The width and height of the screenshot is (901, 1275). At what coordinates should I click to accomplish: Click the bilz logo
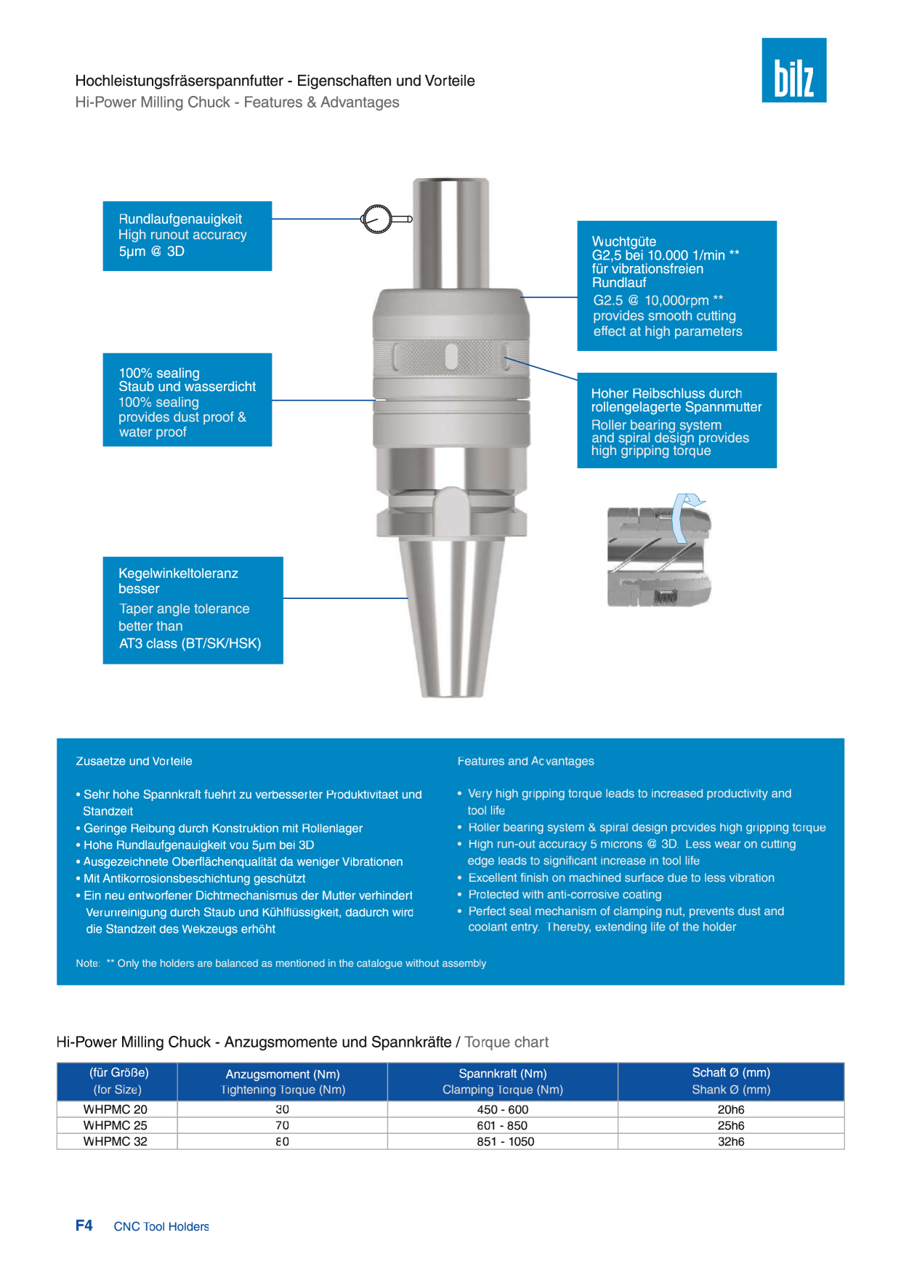(x=793, y=70)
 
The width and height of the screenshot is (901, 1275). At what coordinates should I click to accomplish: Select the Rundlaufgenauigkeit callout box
(x=187, y=236)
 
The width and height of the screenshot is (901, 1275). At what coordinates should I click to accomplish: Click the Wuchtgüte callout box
(x=676, y=286)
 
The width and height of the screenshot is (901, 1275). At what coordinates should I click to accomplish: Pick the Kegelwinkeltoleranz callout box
(x=193, y=610)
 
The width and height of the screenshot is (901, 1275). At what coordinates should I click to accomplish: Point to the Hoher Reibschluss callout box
(x=676, y=420)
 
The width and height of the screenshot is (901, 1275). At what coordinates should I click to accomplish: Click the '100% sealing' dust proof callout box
(x=187, y=400)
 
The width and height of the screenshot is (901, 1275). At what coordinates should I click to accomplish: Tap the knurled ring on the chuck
(x=451, y=357)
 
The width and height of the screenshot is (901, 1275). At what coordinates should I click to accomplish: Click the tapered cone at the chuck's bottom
(x=451, y=618)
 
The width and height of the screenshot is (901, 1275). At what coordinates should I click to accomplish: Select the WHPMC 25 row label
(x=115, y=1125)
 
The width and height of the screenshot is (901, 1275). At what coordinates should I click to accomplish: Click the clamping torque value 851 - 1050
(x=505, y=1141)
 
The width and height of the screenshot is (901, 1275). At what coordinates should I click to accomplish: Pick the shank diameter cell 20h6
(x=731, y=1109)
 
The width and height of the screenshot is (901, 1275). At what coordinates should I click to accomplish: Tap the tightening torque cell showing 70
(x=282, y=1125)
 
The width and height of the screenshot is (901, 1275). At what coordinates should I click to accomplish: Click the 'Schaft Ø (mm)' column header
(x=731, y=1072)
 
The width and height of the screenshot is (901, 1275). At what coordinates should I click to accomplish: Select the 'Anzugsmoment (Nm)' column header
(x=283, y=1074)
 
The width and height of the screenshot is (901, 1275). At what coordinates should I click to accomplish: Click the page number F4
(x=84, y=1226)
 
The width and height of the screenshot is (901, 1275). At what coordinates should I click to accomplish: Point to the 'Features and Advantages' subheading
(x=525, y=761)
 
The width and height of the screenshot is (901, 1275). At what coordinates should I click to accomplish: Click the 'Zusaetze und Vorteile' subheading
(x=134, y=761)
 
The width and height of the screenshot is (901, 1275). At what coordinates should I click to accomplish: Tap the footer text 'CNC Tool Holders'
(x=161, y=1226)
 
